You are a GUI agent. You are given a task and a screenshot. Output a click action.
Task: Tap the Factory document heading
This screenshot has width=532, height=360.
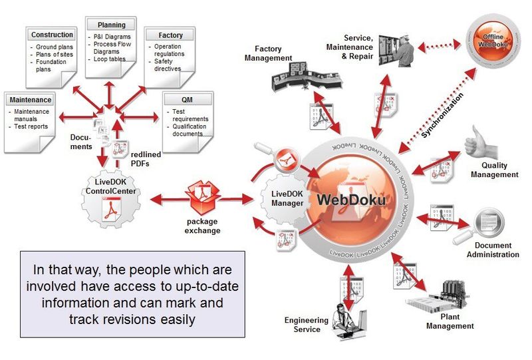click(x=171, y=35)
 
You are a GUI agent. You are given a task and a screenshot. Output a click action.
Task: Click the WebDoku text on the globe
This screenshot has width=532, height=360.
click(x=351, y=200)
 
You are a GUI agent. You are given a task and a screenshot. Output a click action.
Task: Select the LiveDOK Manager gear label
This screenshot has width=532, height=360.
click(x=288, y=198)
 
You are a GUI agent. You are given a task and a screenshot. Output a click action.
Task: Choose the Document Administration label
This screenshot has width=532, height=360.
click(x=492, y=250)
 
